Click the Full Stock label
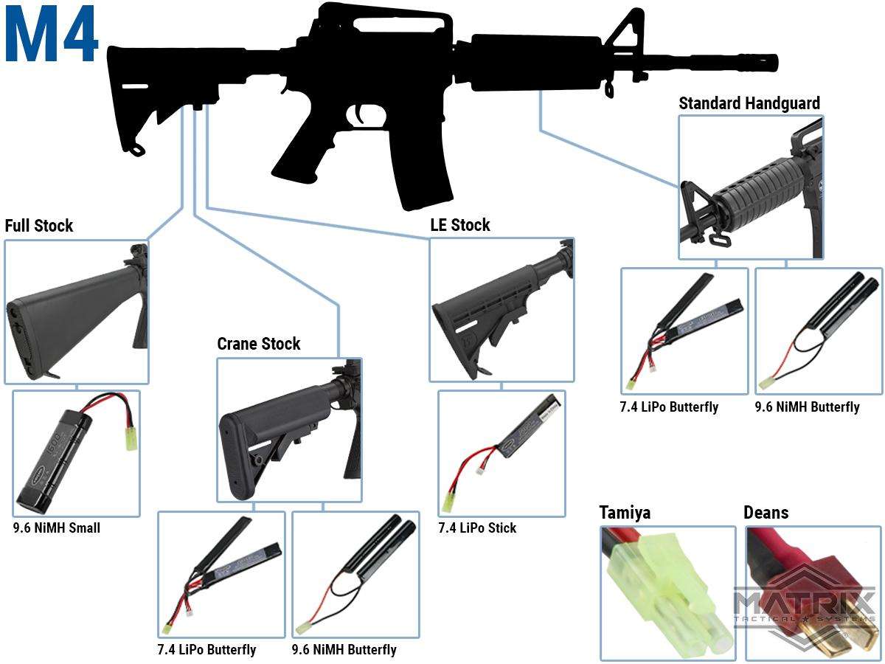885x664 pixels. (38, 226)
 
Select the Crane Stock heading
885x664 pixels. (258, 344)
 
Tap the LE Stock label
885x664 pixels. (460, 225)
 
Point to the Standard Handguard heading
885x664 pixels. (749, 103)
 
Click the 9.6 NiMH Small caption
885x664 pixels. (57, 528)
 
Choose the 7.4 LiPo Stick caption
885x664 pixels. (477, 528)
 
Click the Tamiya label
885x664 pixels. (625, 513)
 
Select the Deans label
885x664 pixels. (766, 513)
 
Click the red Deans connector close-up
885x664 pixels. (811, 592)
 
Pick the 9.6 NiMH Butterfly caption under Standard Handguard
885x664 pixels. (807, 407)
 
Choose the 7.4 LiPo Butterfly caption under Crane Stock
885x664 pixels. (206, 649)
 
